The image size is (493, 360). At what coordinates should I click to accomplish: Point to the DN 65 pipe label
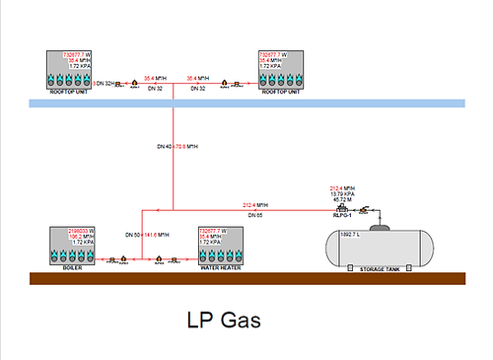[253, 214]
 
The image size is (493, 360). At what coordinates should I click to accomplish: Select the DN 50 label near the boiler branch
[131, 235]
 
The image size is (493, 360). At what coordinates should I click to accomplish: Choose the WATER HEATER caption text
[223, 266]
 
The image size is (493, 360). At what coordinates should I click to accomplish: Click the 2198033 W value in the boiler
[82, 230]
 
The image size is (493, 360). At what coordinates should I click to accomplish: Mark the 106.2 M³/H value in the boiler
[82, 236]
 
